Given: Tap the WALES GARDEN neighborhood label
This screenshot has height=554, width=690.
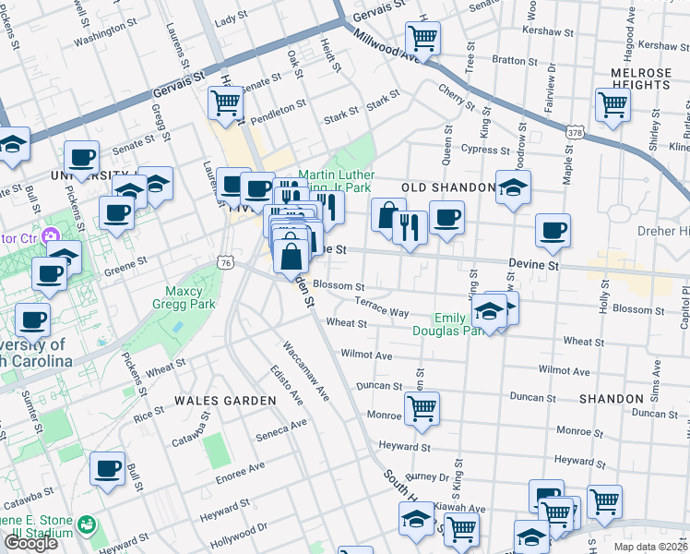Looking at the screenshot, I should [x=225, y=401].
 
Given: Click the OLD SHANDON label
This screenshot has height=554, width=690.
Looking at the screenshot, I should [x=449, y=187].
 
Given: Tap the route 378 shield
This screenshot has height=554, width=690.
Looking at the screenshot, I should [x=575, y=134].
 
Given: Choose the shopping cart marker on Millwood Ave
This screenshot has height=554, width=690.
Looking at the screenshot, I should [x=422, y=39].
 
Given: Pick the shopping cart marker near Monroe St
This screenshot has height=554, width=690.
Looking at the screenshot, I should [x=422, y=408].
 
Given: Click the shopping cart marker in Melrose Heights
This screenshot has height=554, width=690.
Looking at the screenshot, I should [x=613, y=105].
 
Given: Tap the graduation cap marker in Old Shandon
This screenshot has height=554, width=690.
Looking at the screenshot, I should [x=513, y=187].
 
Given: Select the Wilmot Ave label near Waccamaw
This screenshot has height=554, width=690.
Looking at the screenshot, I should [x=366, y=355].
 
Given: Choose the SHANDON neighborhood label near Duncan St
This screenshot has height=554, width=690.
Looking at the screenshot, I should [x=612, y=398].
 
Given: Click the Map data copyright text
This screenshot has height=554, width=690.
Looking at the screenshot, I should [x=650, y=547].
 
